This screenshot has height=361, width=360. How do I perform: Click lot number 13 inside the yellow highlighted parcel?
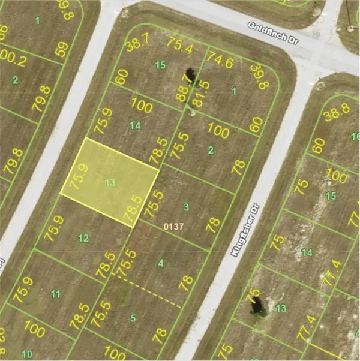click(109, 182)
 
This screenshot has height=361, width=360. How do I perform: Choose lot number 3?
click(186, 207)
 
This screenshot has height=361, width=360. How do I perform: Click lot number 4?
click(160, 263)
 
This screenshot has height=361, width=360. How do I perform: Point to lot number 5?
click(133, 317)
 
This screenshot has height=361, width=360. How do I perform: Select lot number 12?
click(83, 239)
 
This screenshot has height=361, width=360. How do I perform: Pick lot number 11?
click(56, 294)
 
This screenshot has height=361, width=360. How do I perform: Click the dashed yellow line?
click(148, 291)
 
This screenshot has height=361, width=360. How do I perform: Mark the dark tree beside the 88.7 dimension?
click(191, 75)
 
